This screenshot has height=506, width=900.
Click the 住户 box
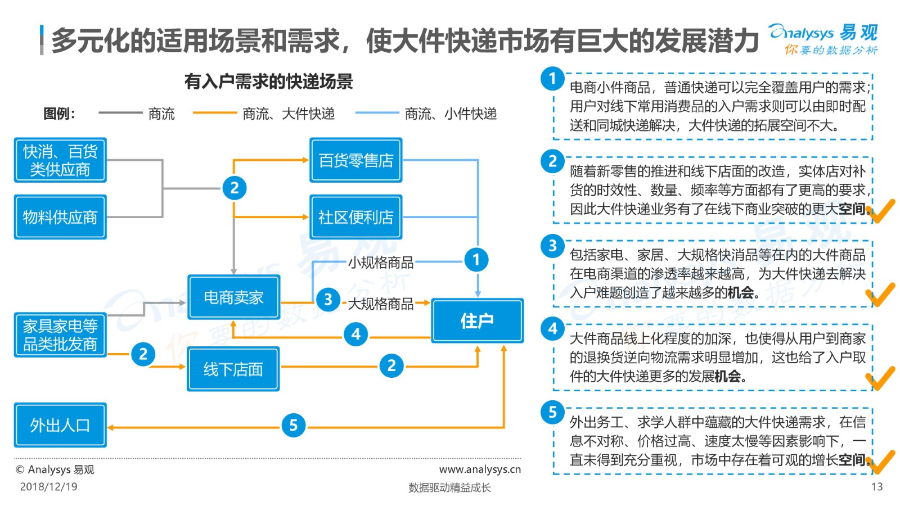click(478, 320)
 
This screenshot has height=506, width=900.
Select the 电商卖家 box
click(234, 297)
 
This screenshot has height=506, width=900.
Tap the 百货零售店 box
click(356, 160)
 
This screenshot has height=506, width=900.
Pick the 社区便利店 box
click(356, 217)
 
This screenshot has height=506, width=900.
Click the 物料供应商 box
click(60, 217)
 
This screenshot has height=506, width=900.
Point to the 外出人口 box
click(60, 425)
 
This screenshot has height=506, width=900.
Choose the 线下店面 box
click(233, 369)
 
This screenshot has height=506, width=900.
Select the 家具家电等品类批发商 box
click(60, 335)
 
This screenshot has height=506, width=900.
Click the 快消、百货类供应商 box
click(60, 160)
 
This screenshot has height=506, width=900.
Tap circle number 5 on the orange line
click(293, 425)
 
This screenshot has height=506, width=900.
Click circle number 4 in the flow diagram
click(356, 334)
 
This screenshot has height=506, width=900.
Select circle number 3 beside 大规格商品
click(328, 299)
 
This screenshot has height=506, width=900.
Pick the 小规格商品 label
click(380, 263)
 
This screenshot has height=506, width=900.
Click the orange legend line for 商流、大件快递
click(215, 113)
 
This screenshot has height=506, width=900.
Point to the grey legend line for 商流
click(120, 113)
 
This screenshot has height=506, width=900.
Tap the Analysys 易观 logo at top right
click(823, 39)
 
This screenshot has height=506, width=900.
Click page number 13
click(877, 487)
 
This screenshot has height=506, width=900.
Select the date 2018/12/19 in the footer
click(48, 487)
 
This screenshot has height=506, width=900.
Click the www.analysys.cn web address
click(480, 469)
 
